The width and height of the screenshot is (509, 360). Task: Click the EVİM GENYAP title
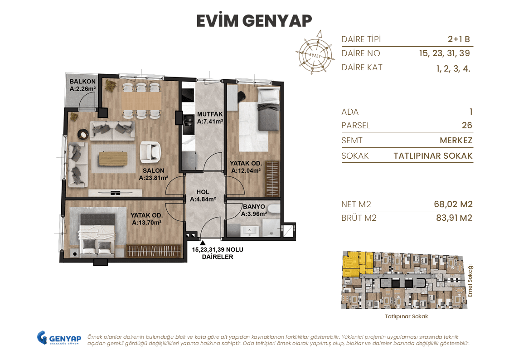(254, 20)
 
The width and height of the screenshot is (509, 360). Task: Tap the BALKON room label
(82, 85)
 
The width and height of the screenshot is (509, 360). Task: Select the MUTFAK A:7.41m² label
(209, 118)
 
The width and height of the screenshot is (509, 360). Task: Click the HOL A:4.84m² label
(203, 195)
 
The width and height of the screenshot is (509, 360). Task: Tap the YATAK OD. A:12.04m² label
(245, 167)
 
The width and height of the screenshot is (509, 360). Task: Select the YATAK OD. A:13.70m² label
(147, 219)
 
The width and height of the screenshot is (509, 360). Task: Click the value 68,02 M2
(453, 204)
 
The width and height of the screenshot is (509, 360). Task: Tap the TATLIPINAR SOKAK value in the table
(433, 156)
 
